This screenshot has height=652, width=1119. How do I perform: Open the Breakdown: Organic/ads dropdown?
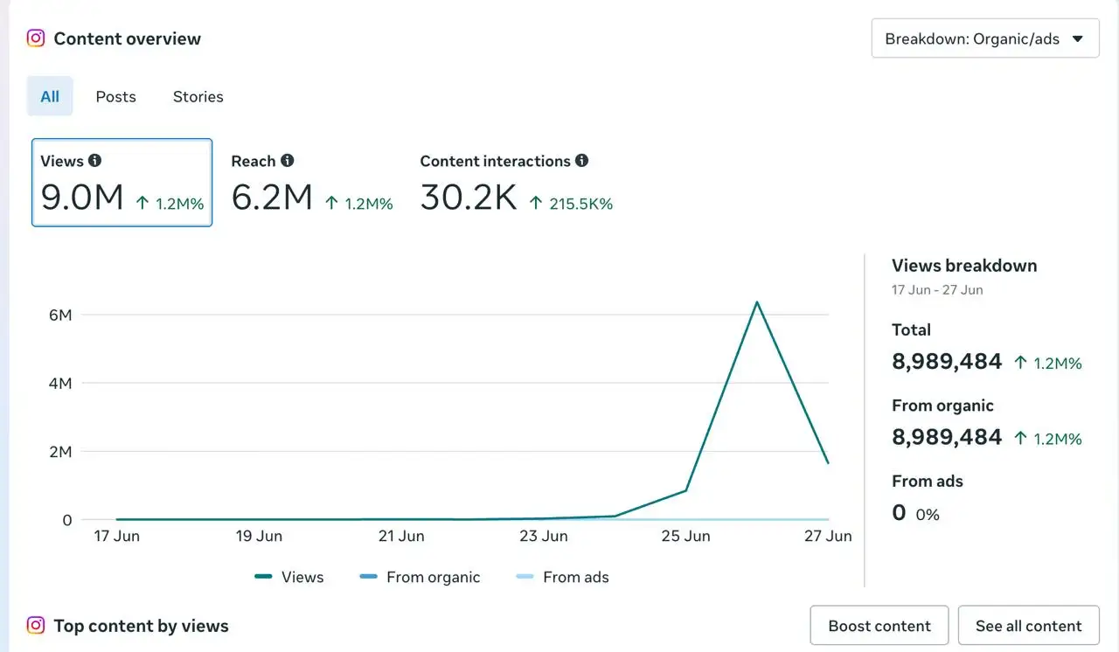[x=985, y=38]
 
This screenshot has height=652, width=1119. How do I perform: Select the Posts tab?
[x=116, y=96]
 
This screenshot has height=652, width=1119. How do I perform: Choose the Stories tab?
[x=198, y=96]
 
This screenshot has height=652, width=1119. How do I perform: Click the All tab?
[x=50, y=96]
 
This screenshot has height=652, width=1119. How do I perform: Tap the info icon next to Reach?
[x=288, y=160]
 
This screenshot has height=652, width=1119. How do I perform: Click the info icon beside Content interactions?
[x=581, y=160]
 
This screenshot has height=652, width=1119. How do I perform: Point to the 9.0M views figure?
[x=82, y=198]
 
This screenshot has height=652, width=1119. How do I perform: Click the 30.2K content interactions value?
[x=469, y=198]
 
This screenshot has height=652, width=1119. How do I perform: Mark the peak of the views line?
[x=757, y=302]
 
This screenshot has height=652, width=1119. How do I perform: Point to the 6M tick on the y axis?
[x=60, y=315]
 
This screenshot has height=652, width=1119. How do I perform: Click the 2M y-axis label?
[x=60, y=452]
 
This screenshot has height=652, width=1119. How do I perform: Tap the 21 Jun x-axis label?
[x=401, y=536]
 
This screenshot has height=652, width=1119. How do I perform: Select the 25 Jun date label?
[x=686, y=536]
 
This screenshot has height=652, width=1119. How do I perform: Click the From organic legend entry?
[x=420, y=577]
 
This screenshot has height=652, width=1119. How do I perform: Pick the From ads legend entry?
[x=562, y=577]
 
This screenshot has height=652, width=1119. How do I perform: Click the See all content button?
[x=1029, y=626]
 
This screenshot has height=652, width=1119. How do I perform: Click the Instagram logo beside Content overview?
[x=36, y=38]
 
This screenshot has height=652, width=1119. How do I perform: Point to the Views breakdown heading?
[x=964, y=266]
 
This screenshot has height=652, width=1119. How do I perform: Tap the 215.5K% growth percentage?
[x=580, y=204]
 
